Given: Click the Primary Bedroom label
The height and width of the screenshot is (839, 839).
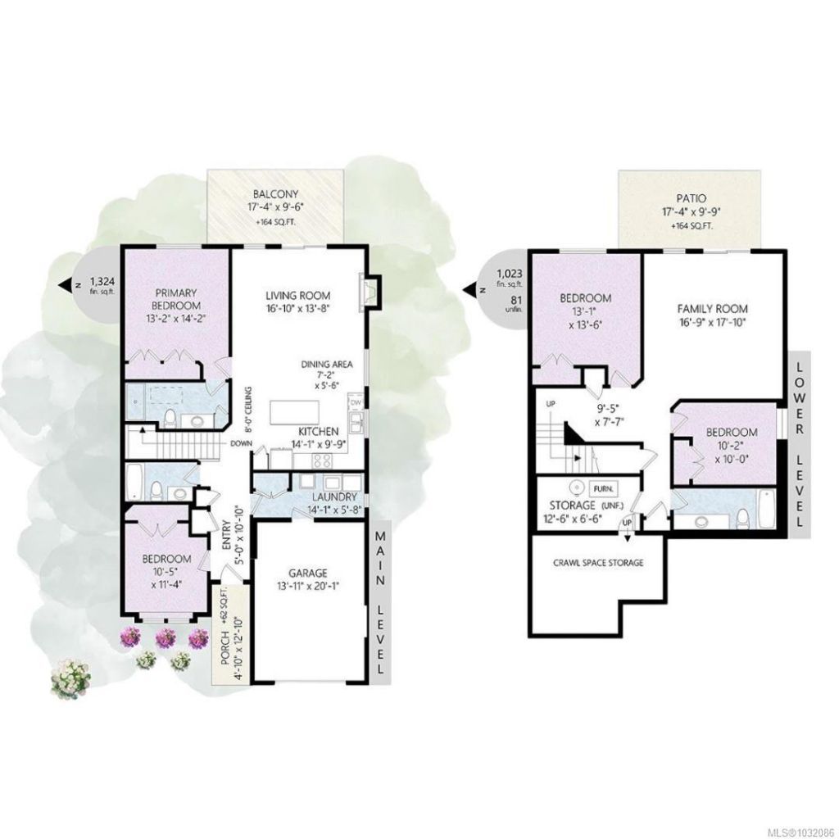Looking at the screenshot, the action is [176, 299].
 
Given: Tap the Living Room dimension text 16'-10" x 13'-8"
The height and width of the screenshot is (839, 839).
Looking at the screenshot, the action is [298, 308].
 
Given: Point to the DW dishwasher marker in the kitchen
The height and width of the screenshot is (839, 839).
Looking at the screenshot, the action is [356, 401].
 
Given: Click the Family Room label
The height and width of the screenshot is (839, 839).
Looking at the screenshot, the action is [712, 309].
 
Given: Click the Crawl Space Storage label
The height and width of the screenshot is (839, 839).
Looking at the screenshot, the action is [597, 563].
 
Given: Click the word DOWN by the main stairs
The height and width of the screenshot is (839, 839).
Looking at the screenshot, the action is [242, 443].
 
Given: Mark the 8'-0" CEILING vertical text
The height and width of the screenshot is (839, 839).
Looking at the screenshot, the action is [248, 409].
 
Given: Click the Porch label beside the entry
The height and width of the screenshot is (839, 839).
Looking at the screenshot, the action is [224, 648].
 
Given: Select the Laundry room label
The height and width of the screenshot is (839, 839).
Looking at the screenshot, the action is [334, 497].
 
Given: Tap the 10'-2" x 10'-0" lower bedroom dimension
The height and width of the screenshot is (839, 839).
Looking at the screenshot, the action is [732, 452].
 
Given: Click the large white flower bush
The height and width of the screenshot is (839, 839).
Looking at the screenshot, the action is [70, 678].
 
